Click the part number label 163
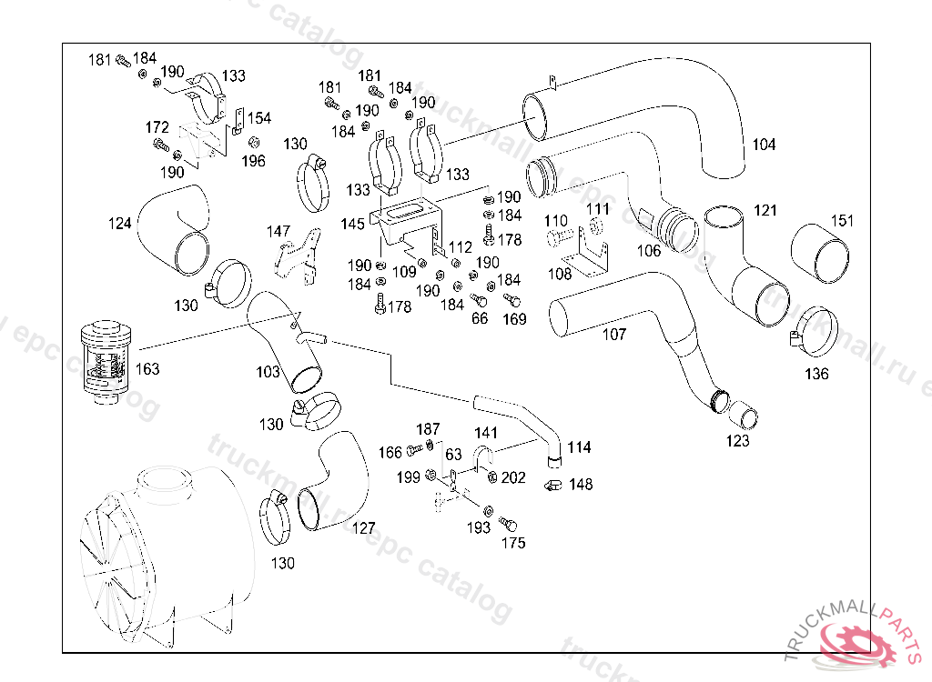tap(147, 368)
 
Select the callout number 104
tap(764, 145)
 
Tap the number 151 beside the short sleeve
tap(843, 220)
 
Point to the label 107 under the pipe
tap(614, 334)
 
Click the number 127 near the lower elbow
tap(364, 527)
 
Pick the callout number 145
tap(354, 223)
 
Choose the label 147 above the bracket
tap(279, 231)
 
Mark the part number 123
tap(738, 441)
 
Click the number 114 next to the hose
tap(579, 447)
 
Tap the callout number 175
tap(513, 543)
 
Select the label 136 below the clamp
tap(816, 373)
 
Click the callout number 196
tap(253, 161)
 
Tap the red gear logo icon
tap(860, 644)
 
